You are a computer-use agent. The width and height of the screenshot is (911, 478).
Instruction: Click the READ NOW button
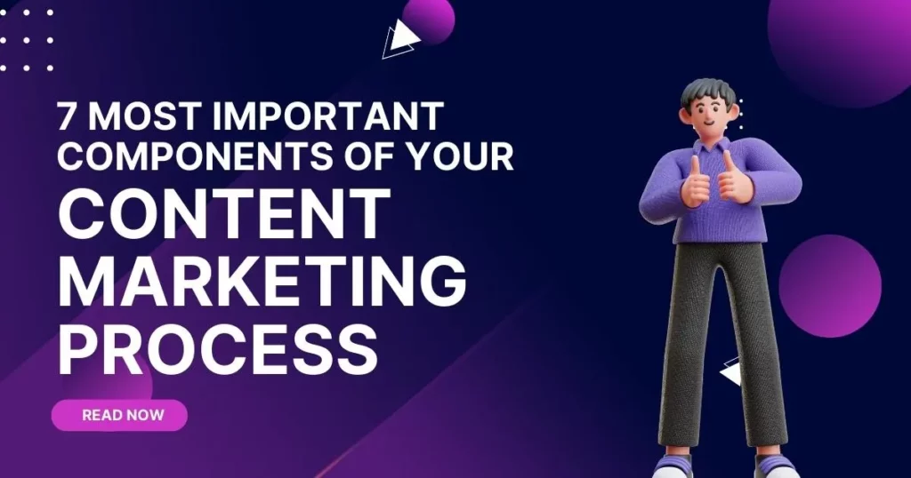pyautogui.click(x=119, y=415)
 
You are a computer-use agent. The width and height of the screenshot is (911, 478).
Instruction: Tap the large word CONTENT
pyautogui.click(x=224, y=214)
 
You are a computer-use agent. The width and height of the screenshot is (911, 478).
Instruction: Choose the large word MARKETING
pyautogui.click(x=262, y=282)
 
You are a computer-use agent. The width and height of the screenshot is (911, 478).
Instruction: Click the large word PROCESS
pyautogui.click(x=218, y=349)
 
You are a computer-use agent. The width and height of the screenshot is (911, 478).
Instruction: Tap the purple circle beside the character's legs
pyautogui.click(x=830, y=286)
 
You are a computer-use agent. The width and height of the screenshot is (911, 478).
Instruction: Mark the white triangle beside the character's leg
pyautogui.click(x=731, y=371)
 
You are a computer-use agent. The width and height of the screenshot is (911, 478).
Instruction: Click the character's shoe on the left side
pyautogui.click(x=673, y=466)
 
